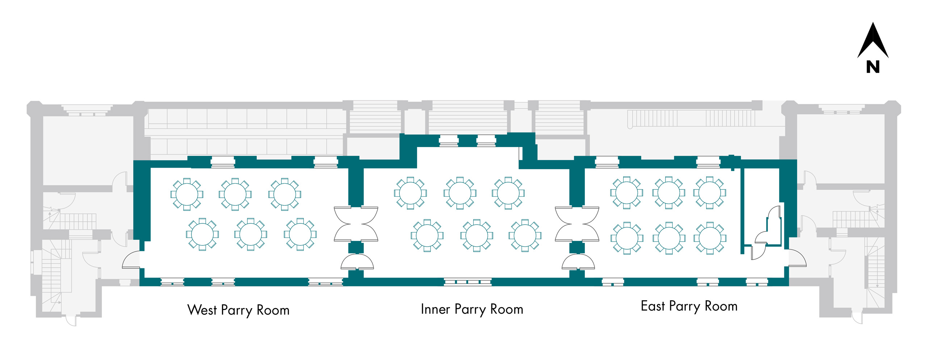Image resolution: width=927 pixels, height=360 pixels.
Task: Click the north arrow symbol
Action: pyautogui.click(x=873, y=42)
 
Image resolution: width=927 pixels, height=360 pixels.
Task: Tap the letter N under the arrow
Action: pyautogui.click(x=873, y=67)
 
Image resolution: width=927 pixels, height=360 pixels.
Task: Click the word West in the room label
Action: pyautogui.click(x=202, y=310)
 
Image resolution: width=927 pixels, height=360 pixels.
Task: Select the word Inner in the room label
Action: pyautogui.click(x=435, y=309)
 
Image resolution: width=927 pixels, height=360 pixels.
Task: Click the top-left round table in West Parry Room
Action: pyautogui.click(x=187, y=194)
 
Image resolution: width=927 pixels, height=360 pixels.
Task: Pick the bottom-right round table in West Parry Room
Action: pyautogui.click(x=300, y=234)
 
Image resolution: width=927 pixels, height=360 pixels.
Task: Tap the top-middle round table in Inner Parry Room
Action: pyautogui.click(x=460, y=193)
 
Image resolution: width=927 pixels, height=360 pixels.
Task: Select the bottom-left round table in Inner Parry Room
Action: pyautogui.click(x=427, y=235)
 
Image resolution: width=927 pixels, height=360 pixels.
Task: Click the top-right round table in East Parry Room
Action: pyautogui.click(x=710, y=193)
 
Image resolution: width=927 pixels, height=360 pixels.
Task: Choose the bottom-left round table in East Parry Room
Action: pyautogui.click(x=627, y=238)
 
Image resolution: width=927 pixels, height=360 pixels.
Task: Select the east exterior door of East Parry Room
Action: pyautogui.click(x=797, y=258)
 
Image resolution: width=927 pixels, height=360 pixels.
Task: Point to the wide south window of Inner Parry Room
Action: pyautogui.click(x=467, y=281)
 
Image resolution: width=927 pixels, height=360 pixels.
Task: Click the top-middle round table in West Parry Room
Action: pyautogui.click(x=235, y=194)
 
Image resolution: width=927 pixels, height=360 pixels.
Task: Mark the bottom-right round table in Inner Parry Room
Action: pyautogui.click(x=525, y=235)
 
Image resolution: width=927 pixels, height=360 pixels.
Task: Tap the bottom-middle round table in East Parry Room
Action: pyautogui.click(x=669, y=238)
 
